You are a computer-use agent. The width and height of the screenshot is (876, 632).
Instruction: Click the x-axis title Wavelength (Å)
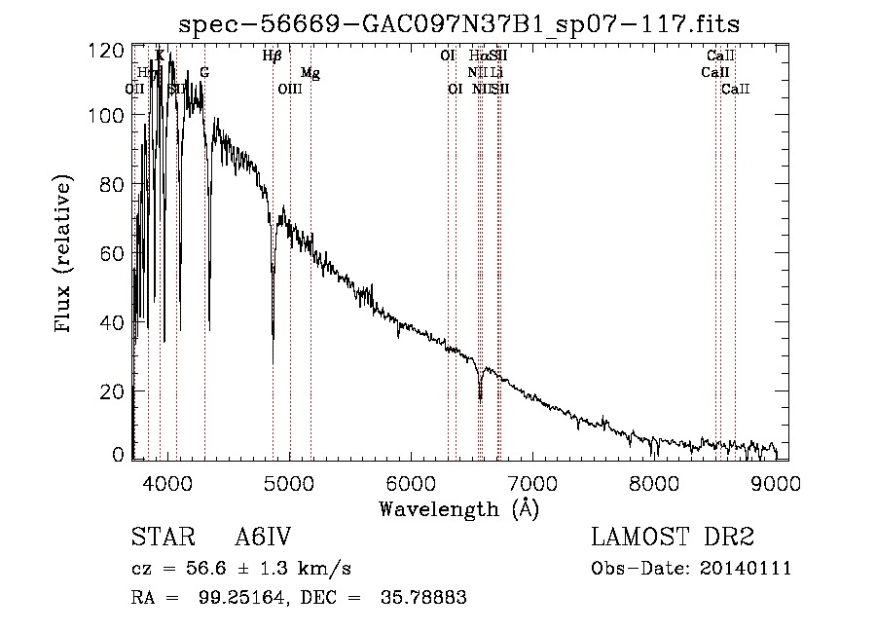[458, 508]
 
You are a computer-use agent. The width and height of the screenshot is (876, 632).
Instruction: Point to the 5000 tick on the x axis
[290, 481]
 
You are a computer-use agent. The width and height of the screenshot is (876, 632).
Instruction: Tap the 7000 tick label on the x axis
[532, 481]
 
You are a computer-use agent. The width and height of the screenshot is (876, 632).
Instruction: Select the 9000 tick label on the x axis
[776, 481]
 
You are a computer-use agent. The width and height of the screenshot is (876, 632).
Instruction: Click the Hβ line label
[273, 56]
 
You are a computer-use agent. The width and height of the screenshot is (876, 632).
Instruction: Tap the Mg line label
[310, 73]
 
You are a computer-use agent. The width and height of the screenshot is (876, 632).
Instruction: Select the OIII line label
[290, 90]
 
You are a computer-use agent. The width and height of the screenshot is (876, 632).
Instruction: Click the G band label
[204, 73]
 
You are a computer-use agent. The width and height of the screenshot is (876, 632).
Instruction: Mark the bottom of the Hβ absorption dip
[274, 336]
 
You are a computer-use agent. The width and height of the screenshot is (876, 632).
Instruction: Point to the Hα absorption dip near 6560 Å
[480, 394]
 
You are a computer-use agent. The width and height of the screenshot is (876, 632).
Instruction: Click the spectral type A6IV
[263, 538]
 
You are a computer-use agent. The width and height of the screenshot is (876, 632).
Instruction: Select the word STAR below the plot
[162, 538]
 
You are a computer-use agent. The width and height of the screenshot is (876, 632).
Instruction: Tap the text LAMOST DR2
[673, 538]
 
